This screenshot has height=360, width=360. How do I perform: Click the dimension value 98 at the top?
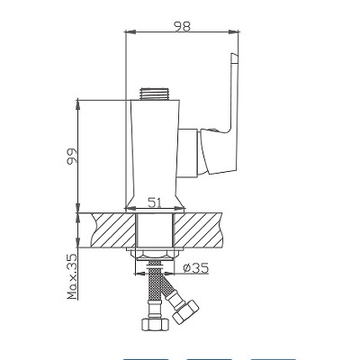pos(182,26)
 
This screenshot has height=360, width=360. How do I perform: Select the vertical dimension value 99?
pos(72,156)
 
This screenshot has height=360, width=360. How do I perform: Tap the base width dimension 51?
pos(155,203)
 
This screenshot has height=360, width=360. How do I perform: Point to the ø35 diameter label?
pos(196,268)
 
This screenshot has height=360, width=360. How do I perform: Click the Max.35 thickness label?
pos(72,276)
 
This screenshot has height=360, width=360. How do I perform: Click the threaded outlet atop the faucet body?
pos(155,94)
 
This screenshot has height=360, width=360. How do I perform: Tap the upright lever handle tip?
pos(235,58)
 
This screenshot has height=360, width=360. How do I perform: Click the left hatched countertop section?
pos(113,230)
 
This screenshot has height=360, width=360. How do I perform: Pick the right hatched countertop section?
pos(197,230)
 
